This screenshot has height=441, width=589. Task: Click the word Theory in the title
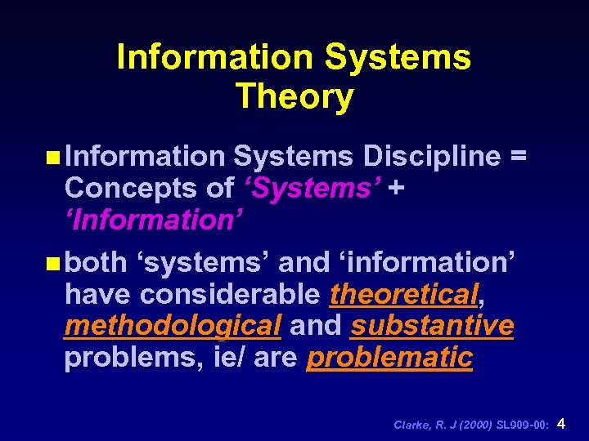[294, 96]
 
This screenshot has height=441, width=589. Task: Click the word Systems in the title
[398, 57]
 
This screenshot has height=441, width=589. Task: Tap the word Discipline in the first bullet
[432, 155]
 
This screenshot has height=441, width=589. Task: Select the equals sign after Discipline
[517, 156]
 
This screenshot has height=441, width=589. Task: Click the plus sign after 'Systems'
[397, 189]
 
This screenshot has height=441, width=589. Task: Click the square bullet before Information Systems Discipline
[54, 156]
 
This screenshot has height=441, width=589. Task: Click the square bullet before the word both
[54, 263]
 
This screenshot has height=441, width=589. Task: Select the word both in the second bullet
[96, 262]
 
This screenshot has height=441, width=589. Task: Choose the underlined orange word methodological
[173, 325]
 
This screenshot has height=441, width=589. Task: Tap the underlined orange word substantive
[432, 325]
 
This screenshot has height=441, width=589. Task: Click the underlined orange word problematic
[389, 358]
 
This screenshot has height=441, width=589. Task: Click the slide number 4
[561, 423]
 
